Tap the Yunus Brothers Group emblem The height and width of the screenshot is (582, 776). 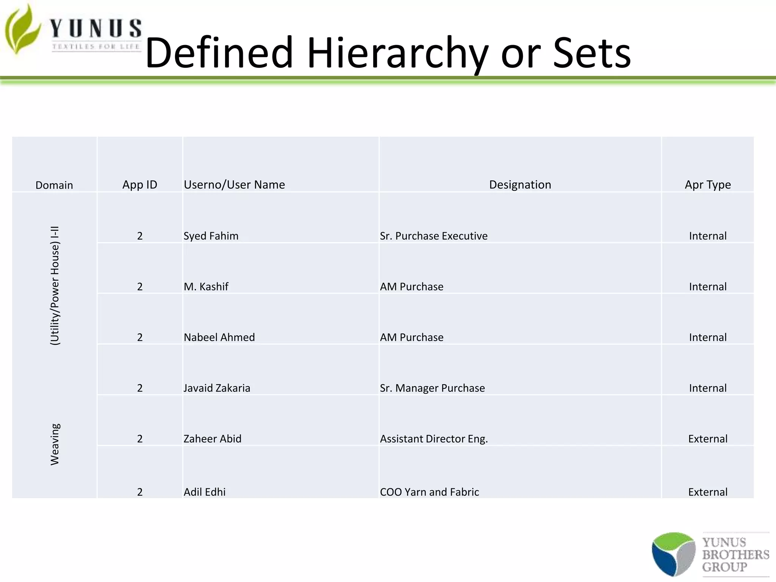click(x=673, y=554)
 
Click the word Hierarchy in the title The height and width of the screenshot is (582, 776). click(x=397, y=53)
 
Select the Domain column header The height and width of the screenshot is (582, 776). click(x=54, y=185)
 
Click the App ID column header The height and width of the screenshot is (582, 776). click(x=139, y=185)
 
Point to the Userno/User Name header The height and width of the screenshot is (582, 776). click(x=234, y=185)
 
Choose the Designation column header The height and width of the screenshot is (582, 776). click(x=520, y=185)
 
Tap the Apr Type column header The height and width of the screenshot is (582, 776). click(x=707, y=185)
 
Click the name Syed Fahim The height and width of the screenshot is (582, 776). click(x=211, y=236)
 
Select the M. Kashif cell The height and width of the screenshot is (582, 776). click(x=206, y=286)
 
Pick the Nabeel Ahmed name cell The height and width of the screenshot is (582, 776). click(x=219, y=337)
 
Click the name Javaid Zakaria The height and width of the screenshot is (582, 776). click(x=217, y=388)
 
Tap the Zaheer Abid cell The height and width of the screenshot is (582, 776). click(x=212, y=439)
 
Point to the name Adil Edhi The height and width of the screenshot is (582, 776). click(x=205, y=492)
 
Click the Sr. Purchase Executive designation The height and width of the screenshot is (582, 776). click(x=433, y=236)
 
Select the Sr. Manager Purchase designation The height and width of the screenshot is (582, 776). click(x=432, y=388)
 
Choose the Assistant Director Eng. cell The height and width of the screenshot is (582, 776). click(x=434, y=439)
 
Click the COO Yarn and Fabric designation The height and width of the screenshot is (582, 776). click(x=429, y=492)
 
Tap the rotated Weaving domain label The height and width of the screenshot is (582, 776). click(x=55, y=444)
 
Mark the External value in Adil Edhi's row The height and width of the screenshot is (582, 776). click(x=707, y=492)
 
